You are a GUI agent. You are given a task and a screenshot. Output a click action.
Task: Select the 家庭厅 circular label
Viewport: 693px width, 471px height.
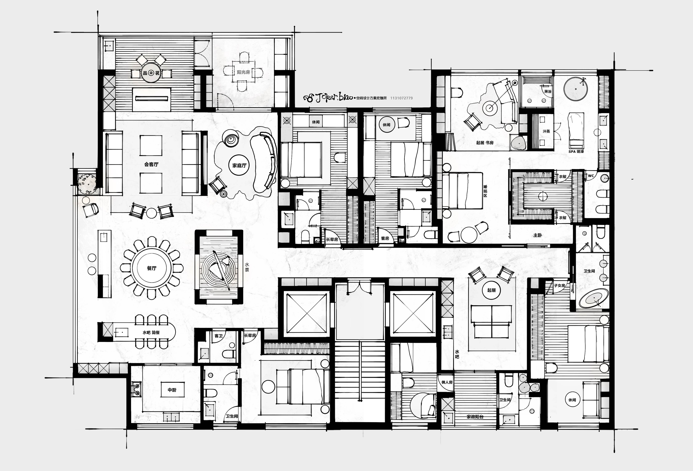(x=239, y=165)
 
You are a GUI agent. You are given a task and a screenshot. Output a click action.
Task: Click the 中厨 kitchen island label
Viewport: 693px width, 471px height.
(x=172, y=390)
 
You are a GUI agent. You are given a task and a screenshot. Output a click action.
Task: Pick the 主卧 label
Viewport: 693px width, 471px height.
(x=538, y=235)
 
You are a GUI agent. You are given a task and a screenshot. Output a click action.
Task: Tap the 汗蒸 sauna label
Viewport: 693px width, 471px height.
(x=546, y=131)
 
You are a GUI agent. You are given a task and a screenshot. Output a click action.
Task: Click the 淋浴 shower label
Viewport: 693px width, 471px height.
(x=548, y=91)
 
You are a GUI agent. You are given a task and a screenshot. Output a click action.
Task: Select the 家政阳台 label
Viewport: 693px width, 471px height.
(x=475, y=417)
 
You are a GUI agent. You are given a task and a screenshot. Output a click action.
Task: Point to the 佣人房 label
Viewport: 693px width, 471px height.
(x=447, y=382)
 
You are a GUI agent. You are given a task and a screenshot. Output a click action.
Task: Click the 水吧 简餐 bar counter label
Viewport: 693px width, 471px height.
(x=151, y=332)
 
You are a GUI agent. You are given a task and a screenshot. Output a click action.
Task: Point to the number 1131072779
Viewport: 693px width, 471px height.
(x=401, y=98)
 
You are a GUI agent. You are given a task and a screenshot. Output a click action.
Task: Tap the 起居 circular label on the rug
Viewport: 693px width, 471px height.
(x=491, y=290)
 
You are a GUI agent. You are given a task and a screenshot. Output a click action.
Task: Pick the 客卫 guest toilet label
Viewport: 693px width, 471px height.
(x=219, y=336)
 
